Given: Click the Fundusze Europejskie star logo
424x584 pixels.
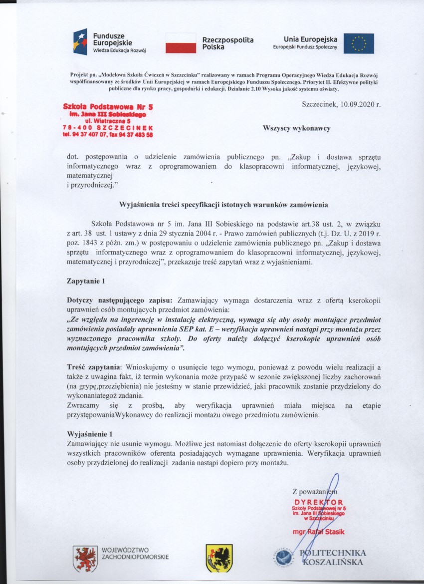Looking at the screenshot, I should [x=79, y=41].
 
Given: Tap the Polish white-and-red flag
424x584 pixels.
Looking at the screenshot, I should [x=181, y=43].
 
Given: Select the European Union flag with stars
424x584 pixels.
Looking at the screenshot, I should [x=358, y=43].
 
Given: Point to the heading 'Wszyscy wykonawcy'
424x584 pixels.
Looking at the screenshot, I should [x=297, y=128].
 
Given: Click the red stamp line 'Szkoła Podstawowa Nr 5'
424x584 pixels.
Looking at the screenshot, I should [x=108, y=107].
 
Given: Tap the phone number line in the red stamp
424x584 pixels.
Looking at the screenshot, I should [x=108, y=135].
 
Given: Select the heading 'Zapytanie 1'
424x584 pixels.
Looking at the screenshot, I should [x=86, y=281].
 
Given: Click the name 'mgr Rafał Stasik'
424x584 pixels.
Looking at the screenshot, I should [x=319, y=532].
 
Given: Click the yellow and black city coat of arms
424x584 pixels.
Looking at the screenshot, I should [x=218, y=558].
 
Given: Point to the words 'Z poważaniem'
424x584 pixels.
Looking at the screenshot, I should [x=315, y=491].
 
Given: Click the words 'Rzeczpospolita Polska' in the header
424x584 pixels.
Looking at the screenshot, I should [x=227, y=43].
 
